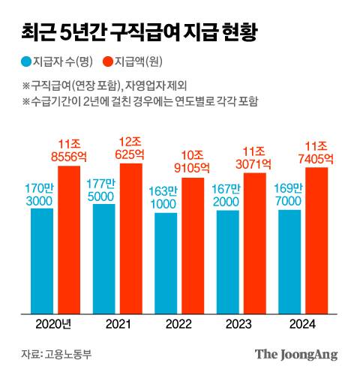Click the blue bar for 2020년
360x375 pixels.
point(43,262)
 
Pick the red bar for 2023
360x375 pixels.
point(254,244)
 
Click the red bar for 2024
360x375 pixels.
point(316,240)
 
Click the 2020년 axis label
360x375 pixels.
point(54,324)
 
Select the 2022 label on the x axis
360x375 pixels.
point(178,324)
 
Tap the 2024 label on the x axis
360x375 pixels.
point(301,324)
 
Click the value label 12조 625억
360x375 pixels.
point(131,148)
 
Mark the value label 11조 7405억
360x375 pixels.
point(316,153)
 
